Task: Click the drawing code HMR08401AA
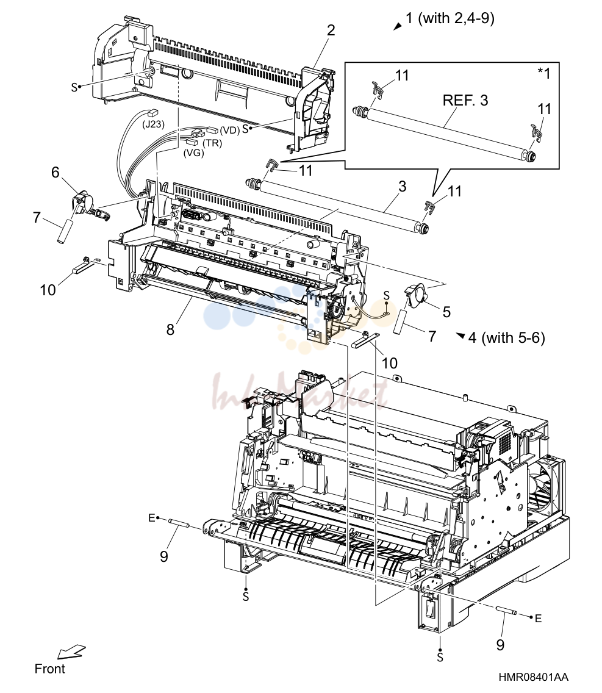[534, 677]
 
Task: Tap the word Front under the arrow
[49, 669]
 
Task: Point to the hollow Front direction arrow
[71, 652]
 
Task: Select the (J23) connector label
[153, 124]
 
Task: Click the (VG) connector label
[193, 153]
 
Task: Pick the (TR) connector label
[212, 143]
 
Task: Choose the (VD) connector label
[230, 130]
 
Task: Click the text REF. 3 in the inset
[465, 100]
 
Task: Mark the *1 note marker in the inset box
[544, 73]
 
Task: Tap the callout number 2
[331, 30]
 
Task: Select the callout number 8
[171, 329]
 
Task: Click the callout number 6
[56, 172]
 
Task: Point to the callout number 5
[447, 312]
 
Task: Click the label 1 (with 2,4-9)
[450, 18]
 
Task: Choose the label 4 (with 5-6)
[506, 338]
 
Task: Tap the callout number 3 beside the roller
[402, 186]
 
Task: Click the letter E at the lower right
[538, 619]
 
